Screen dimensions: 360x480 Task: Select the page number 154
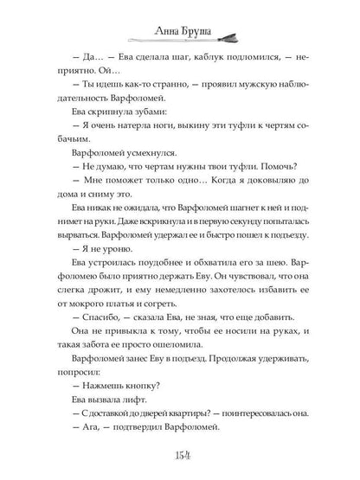180,455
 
